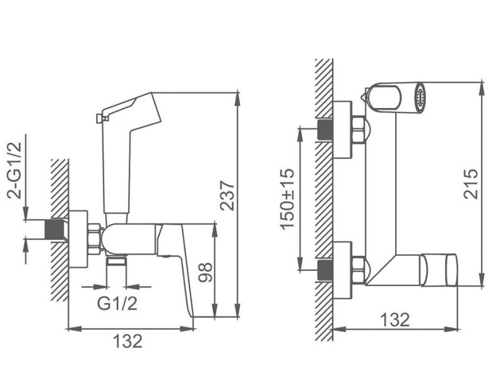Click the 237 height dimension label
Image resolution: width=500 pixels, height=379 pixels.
pos(227,195)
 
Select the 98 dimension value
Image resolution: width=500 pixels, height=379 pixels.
pos(205,272)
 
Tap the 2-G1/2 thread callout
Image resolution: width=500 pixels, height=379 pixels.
pos(15,170)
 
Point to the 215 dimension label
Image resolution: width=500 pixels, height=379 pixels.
pos(471,184)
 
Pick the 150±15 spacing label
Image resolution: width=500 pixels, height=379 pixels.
pos(288,198)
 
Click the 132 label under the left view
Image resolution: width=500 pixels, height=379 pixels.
pos(128,341)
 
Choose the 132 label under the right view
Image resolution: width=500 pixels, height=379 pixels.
pos(395,320)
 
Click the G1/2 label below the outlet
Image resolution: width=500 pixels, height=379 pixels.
pos(117,303)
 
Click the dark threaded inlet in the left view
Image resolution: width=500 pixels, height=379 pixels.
pos(55,229)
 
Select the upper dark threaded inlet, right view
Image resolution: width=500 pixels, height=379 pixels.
pos(325,129)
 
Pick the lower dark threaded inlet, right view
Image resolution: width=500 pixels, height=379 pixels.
pos(325,271)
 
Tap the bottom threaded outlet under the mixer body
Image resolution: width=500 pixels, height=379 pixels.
pos(116,261)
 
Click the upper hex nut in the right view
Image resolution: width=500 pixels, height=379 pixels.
pos(359,130)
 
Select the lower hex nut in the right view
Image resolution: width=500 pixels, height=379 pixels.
pos(359,270)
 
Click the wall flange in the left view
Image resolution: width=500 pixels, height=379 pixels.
pos(78,239)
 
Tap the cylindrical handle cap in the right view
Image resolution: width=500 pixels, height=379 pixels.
pos(439,270)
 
